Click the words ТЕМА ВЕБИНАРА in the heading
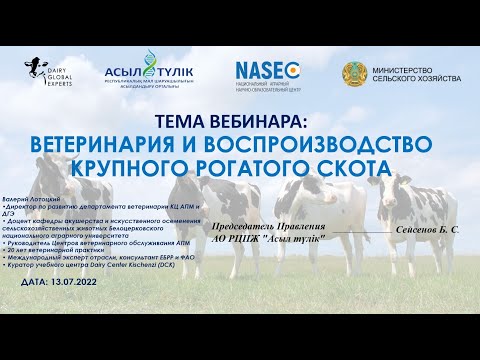[x=239, y=118]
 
